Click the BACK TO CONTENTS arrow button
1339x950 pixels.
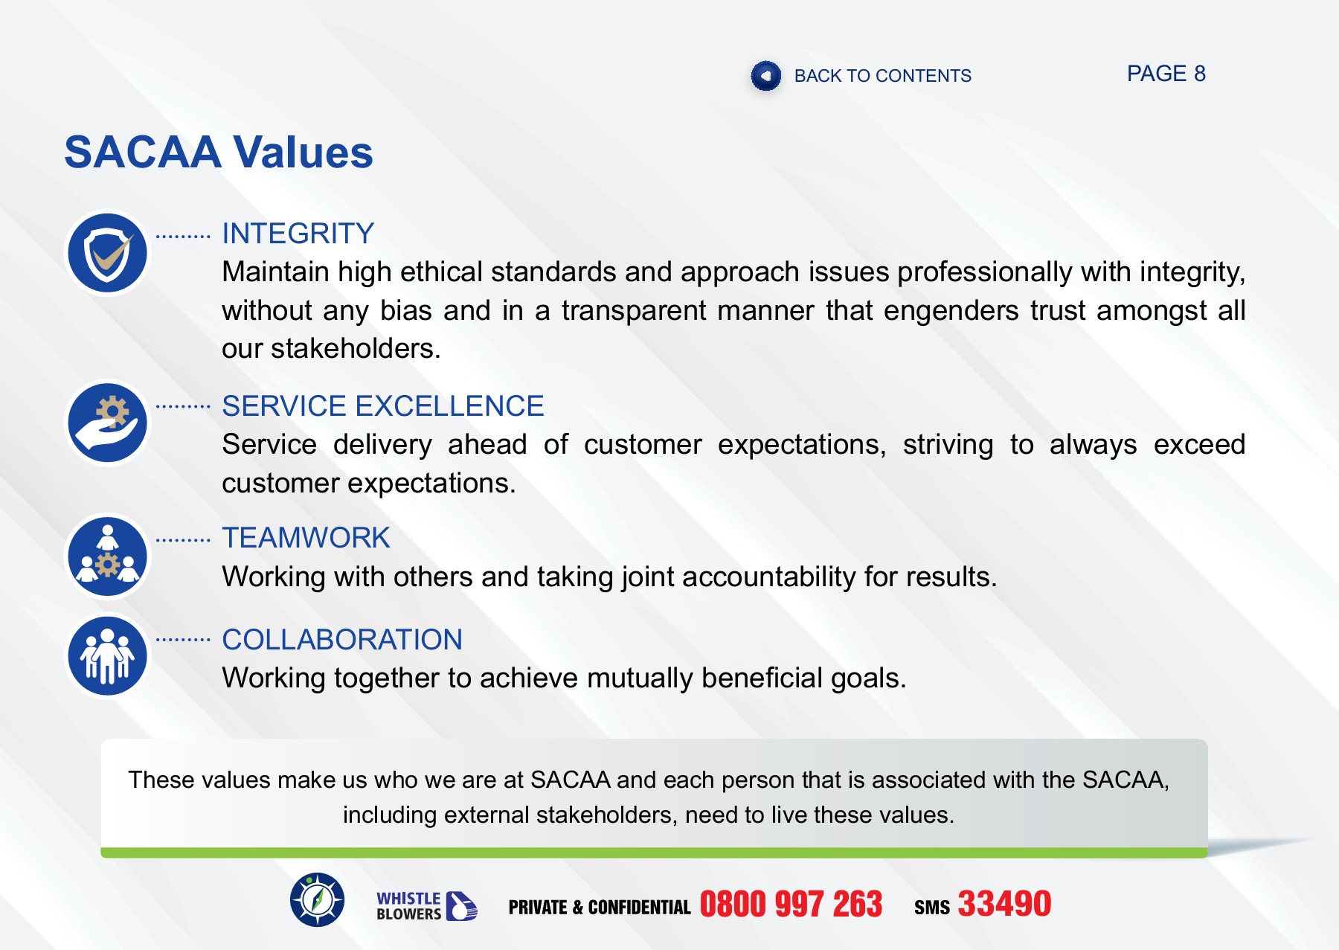765,76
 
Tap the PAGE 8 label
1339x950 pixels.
1166,74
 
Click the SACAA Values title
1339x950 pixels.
219,153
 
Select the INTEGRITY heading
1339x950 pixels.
298,234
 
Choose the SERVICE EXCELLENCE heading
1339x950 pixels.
382,406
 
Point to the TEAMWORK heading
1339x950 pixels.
306,538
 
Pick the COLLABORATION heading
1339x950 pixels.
342,640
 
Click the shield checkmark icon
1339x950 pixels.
108,253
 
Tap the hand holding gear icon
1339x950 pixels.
108,423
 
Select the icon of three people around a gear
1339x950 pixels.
108,557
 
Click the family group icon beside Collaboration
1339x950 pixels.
108,656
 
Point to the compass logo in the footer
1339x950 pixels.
318,900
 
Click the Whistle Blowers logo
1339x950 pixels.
426,905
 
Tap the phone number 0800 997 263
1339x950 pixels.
791,905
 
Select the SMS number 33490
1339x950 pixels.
1004,905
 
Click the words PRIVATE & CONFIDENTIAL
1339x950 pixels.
600,908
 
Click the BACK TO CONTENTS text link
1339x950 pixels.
882,76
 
